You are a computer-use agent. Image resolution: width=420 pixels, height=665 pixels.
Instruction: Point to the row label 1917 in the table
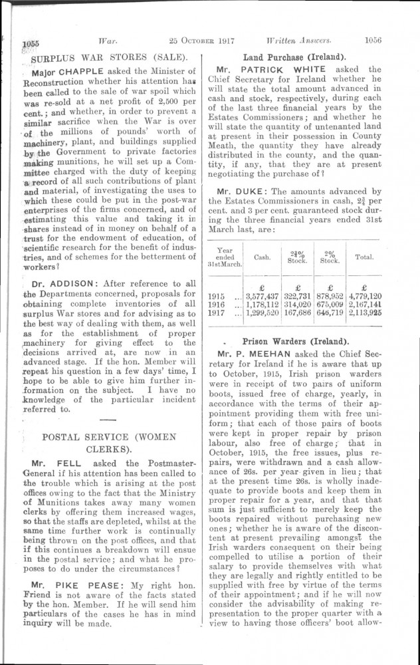(x=217, y=314)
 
